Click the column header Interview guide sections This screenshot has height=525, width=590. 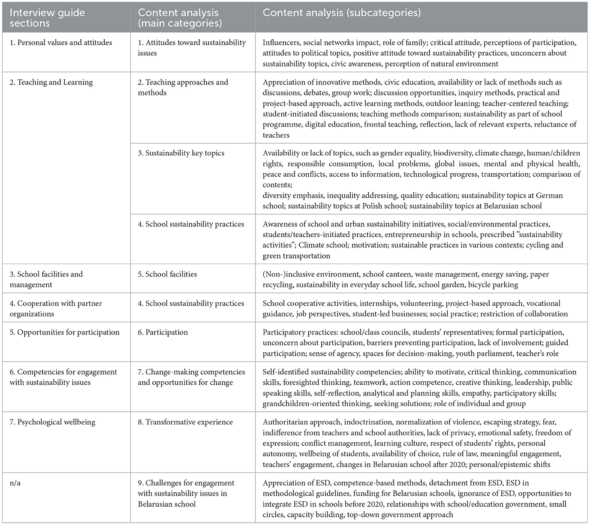(x=47, y=18)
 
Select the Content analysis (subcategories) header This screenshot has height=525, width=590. (x=341, y=13)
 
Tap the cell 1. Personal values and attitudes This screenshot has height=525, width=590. (x=61, y=42)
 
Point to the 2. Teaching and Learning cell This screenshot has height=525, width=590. (x=51, y=82)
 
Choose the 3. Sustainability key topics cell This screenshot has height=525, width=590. (x=181, y=153)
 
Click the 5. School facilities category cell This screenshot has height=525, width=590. (x=167, y=274)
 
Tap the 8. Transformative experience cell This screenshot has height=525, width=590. (x=185, y=422)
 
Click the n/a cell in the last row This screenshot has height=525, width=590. (x=15, y=483)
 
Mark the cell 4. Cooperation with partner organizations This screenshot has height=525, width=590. (x=56, y=308)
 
